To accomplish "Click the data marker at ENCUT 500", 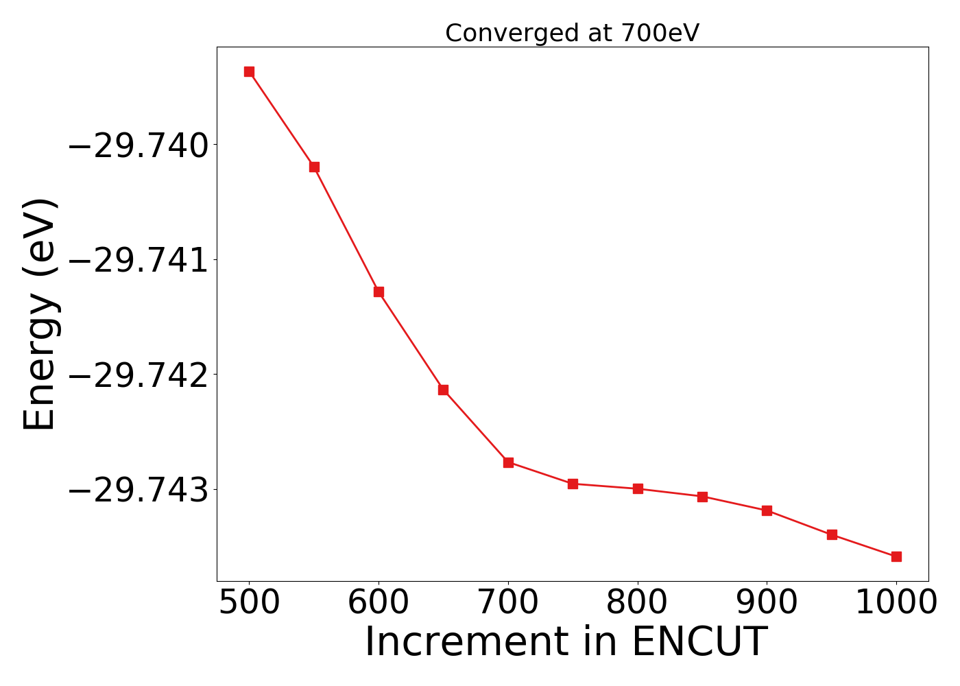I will coord(249,72).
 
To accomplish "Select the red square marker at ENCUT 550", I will coord(314,167).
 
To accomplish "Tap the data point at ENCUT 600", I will coord(379,292).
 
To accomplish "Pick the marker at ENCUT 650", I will coord(443,390).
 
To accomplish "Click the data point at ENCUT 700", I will coord(508,462).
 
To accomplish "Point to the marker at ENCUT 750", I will coord(573,484).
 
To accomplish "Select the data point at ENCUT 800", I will coord(638,488).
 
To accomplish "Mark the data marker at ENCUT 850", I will coord(702,497).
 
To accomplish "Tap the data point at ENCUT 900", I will coord(767,510).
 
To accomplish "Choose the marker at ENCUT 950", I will coord(832,534).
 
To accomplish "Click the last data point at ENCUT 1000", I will coord(896,556).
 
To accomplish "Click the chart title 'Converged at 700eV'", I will coord(572,33).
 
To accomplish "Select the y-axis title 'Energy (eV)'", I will coord(40,314).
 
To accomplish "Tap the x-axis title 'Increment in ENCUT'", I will coord(566,642).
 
